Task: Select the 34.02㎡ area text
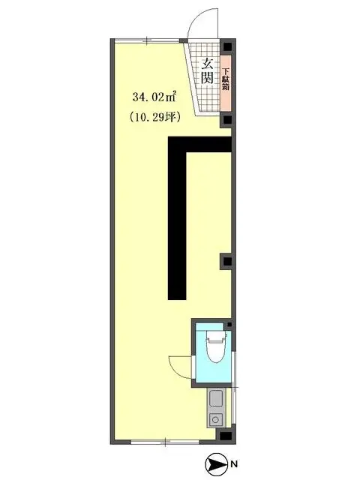[154, 95]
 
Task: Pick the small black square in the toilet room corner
[229, 325]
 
